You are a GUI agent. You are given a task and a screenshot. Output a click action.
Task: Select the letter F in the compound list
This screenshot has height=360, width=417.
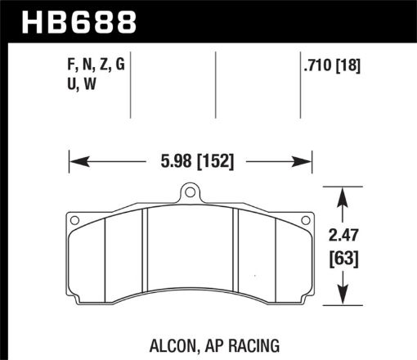coord(69,66)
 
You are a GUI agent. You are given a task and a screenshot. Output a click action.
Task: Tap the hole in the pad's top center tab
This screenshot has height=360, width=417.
coord(190,195)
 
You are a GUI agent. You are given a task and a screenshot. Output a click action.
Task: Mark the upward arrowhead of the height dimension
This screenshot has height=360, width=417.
coord(344,193)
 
